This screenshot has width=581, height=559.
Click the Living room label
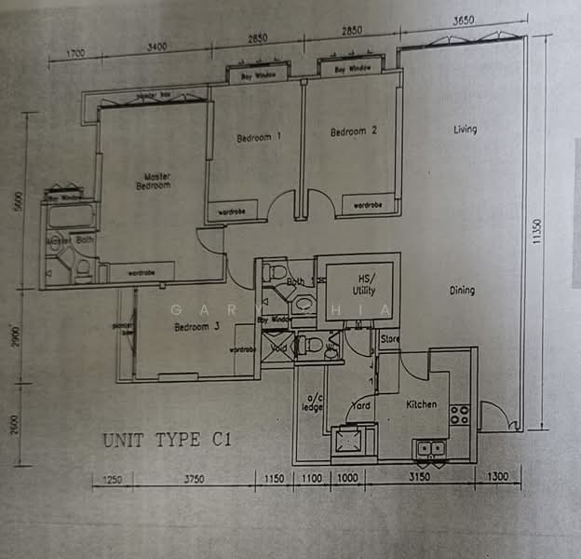465,130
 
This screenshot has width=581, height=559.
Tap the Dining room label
462,291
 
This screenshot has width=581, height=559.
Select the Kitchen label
421,404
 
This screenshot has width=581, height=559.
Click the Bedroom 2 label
353,132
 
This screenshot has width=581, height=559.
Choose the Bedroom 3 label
196,327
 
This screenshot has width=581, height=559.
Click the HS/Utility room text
359,283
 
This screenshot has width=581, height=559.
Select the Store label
389,339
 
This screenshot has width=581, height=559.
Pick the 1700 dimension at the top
74,52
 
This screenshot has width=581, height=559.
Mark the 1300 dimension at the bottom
498,478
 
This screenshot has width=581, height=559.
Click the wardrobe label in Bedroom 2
367,204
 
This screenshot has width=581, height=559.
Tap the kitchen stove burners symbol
459,414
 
